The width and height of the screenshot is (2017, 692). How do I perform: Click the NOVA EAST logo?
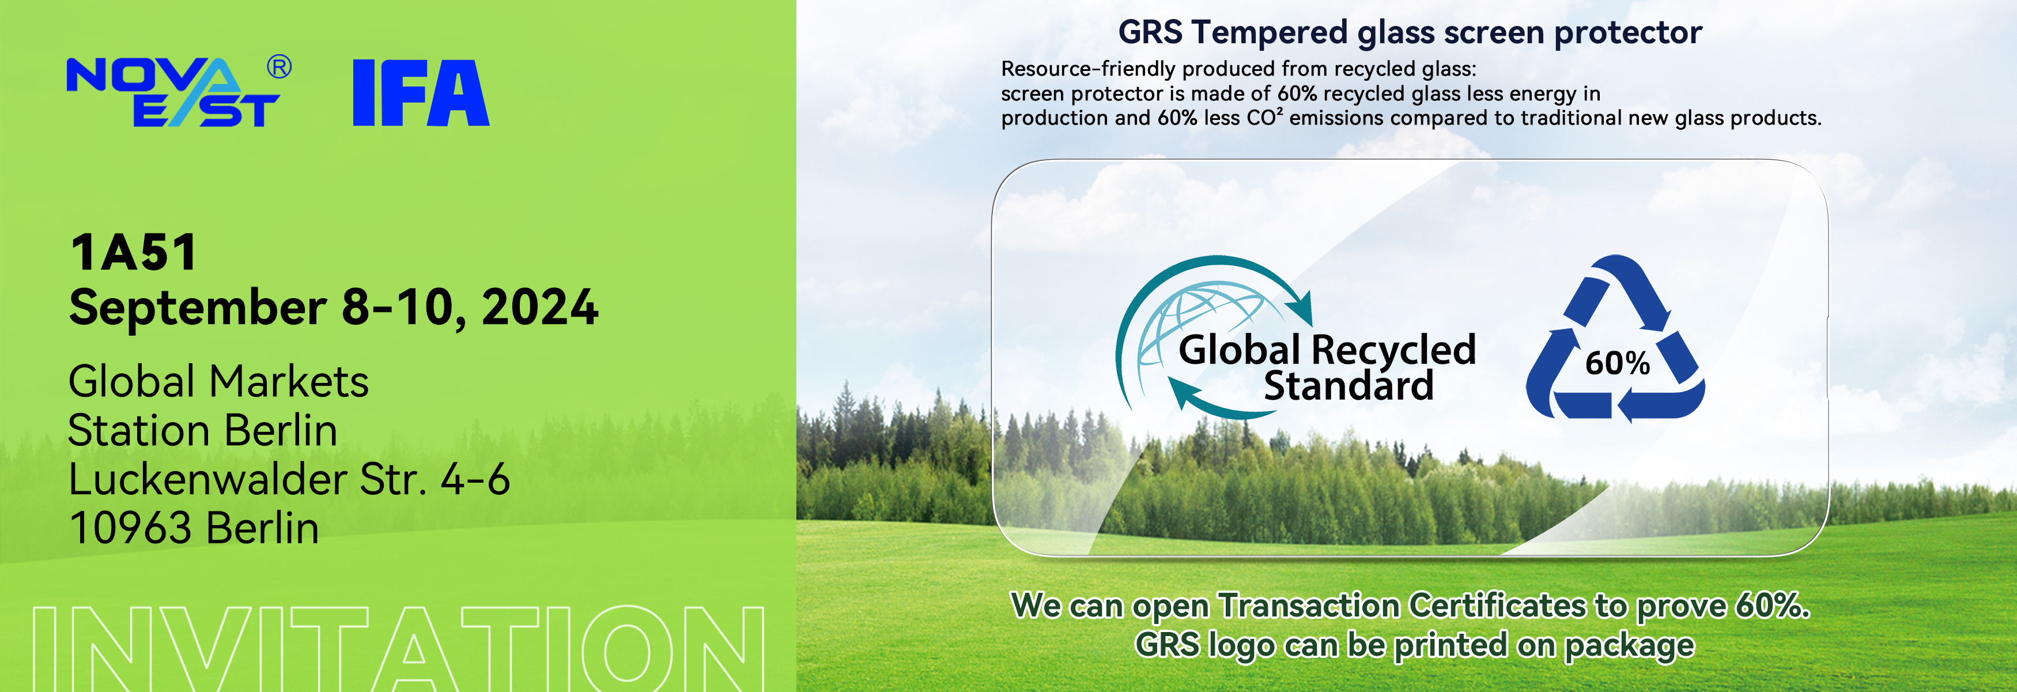pos(173,92)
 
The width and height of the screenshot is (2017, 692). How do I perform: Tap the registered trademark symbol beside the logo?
pos(279,67)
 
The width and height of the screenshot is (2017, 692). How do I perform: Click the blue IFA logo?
pos(421,92)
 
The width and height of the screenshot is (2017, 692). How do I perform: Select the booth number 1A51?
pos(133,253)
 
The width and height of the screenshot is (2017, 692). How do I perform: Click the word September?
pos(198,309)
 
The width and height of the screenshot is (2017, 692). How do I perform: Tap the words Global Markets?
pos(218,382)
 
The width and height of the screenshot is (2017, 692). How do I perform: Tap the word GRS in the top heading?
pos(1150,33)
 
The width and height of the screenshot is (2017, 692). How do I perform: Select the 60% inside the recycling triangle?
pos(1617,363)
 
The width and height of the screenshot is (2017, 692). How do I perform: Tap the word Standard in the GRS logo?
pos(1349,386)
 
